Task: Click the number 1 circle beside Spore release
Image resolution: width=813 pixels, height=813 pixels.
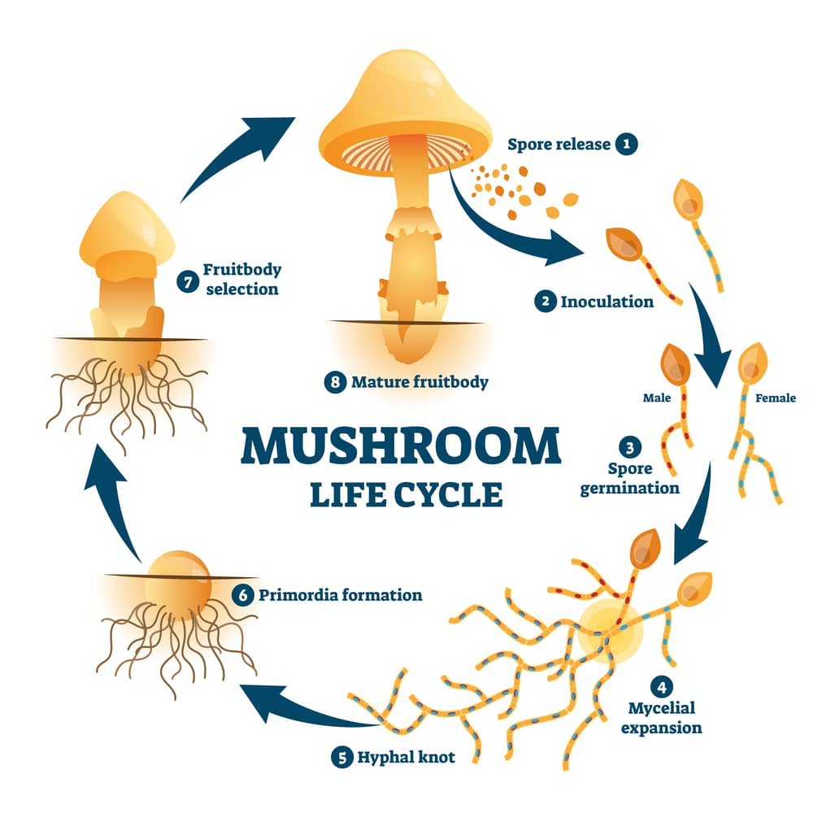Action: (625, 145)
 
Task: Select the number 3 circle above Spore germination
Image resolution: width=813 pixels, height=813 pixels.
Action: (630, 447)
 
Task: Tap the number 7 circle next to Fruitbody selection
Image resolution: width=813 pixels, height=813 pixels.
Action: (187, 281)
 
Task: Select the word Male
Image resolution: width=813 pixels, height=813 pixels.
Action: (657, 398)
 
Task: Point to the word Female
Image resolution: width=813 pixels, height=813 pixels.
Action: (776, 398)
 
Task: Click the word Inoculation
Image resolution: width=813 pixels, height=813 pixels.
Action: (607, 302)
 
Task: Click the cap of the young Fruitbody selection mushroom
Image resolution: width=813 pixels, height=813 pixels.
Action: (128, 228)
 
